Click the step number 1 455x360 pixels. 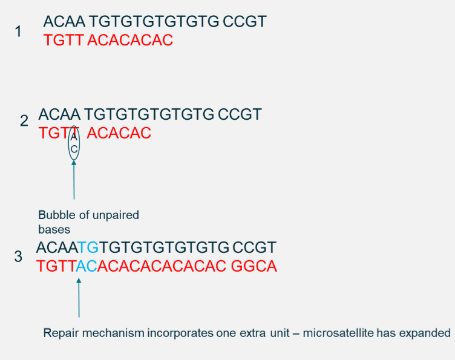point(18,31)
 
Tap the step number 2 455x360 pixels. point(24,120)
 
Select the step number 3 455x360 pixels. point(18,257)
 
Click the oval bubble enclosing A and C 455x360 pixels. point(74,143)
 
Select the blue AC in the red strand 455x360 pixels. point(87,266)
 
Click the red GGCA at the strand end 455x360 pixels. point(254,266)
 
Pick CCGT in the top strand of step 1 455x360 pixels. point(244,22)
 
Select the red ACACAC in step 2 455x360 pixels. point(119,133)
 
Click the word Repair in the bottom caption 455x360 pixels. point(59,333)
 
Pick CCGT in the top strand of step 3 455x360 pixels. point(254,247)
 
